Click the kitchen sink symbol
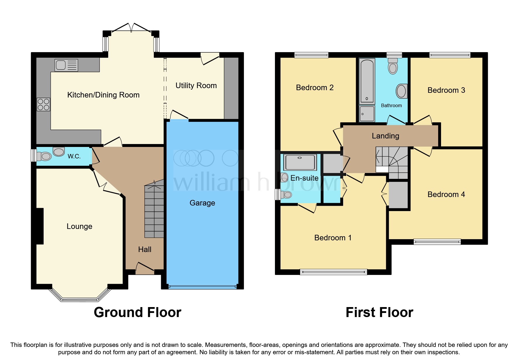point(66,65)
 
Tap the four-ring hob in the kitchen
point(44,105)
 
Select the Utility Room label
point(196,85)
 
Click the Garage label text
point(202,203)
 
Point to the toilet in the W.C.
point(44,156)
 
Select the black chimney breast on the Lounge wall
point(39,226)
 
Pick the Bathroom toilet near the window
point(393,66)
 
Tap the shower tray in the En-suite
point(300,162)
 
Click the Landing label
point(385,136)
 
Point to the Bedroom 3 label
point(446,90)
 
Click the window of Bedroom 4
point(437,242)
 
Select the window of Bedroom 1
point(333,272)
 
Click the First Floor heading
point(379,312)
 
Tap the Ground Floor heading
point(137,312)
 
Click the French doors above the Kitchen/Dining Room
point(131,28)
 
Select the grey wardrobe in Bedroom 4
point(398,195)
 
